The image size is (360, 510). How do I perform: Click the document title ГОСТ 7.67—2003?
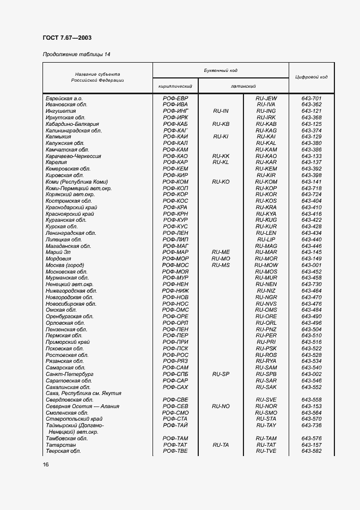pos(66,38)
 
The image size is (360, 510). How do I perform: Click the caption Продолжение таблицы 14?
pos(76,54)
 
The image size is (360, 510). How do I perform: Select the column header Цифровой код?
pos(311,77)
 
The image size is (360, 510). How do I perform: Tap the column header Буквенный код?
pos(221,71)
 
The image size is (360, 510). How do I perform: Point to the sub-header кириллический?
pos(175,86)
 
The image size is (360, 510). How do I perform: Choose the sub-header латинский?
pos(243,86)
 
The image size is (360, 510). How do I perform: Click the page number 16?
pos(46,464)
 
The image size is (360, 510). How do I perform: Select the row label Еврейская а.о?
pos(64,98)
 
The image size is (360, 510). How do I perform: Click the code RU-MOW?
pos(266,265)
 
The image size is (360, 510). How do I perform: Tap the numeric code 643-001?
pos(311,265)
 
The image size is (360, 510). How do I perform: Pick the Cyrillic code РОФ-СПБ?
pos(175,374)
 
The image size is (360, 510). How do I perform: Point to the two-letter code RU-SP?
pos(221,374)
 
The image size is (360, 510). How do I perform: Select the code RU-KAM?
pos(266,149)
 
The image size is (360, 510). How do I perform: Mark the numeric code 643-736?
pos(311,425)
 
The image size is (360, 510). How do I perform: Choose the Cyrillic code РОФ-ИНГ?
pos(175,111)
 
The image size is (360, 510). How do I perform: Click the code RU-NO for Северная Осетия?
pos(221,406)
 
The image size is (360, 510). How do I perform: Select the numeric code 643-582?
pos(311,451)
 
